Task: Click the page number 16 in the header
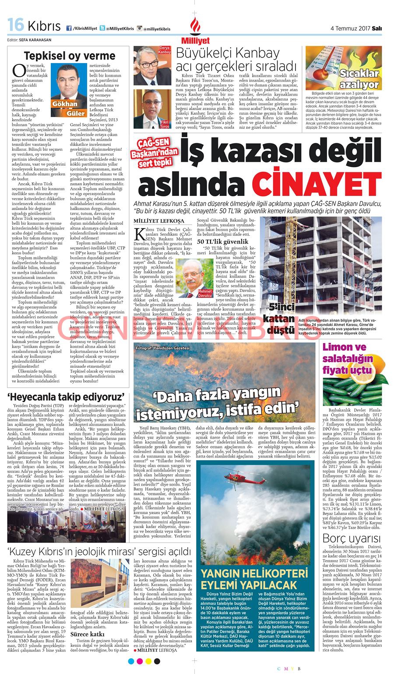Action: coord(16,25)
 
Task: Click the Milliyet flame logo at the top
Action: coord(195,27)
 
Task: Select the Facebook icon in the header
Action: coord(69,28)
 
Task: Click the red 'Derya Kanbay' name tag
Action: coord(165,50)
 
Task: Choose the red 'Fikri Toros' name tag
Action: coord(165,123)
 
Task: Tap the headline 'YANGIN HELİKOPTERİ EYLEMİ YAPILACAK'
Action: coord(254,579)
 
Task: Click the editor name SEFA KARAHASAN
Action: coord(35,40)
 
